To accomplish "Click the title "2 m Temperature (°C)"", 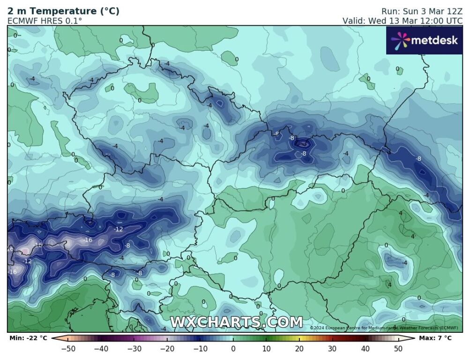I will click(63, 11).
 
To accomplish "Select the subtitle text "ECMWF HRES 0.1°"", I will click(45, 21).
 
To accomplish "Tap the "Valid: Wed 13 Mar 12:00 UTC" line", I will click(403, 21).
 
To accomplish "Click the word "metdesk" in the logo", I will click(434, 40).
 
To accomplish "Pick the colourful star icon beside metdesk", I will click(400, 41).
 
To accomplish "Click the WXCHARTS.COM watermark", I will click(236, 322).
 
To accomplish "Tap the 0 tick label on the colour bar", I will click(233, 348).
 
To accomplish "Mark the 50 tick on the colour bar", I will click(398, 348).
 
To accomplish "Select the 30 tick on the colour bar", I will click(332, 348).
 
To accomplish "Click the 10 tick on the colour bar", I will click(266, 348).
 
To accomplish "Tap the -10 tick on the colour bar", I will click(200, 348).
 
